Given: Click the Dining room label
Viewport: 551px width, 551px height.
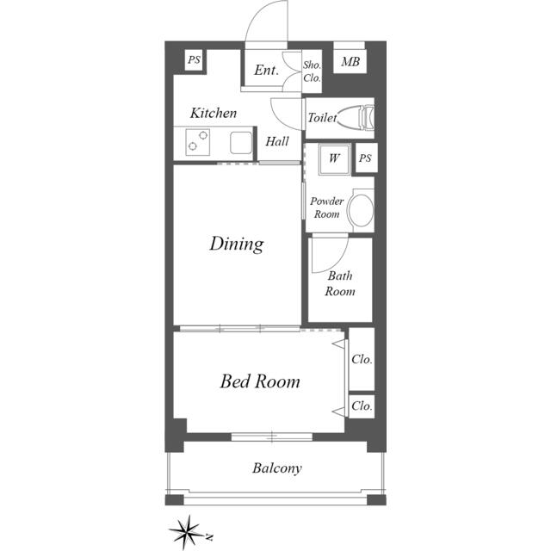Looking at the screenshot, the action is (237, 244).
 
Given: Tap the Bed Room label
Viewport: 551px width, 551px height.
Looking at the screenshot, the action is (260, 381).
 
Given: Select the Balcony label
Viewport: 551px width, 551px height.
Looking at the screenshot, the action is (277, 468).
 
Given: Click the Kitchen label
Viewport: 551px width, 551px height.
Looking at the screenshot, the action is (214, 113).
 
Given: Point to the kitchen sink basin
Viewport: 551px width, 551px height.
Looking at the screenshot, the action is (241, 143).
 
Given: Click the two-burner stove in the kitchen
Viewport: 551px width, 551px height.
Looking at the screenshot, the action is (197, 142).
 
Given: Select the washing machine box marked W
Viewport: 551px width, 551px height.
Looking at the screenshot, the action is (334, 158).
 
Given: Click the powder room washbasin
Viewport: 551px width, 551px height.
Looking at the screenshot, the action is (360, 210).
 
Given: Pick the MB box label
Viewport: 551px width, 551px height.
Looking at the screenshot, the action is (350, 62).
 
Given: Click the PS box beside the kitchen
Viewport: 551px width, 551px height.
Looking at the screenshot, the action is (194, 60).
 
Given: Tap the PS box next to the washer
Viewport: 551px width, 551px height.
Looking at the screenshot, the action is (366, 158).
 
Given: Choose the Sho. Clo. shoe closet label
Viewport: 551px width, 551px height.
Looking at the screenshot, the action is (312, 71).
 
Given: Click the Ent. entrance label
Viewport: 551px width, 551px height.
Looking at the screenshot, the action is (267, 70).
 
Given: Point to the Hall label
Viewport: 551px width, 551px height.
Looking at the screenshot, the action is (277, 141).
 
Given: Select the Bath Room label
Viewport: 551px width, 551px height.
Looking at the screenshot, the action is (340, 283).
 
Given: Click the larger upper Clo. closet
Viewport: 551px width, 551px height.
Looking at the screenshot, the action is (362, 359).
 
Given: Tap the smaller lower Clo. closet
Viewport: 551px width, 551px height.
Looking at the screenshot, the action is (362, 406).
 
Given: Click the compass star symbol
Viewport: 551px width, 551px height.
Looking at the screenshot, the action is (188, 532).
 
